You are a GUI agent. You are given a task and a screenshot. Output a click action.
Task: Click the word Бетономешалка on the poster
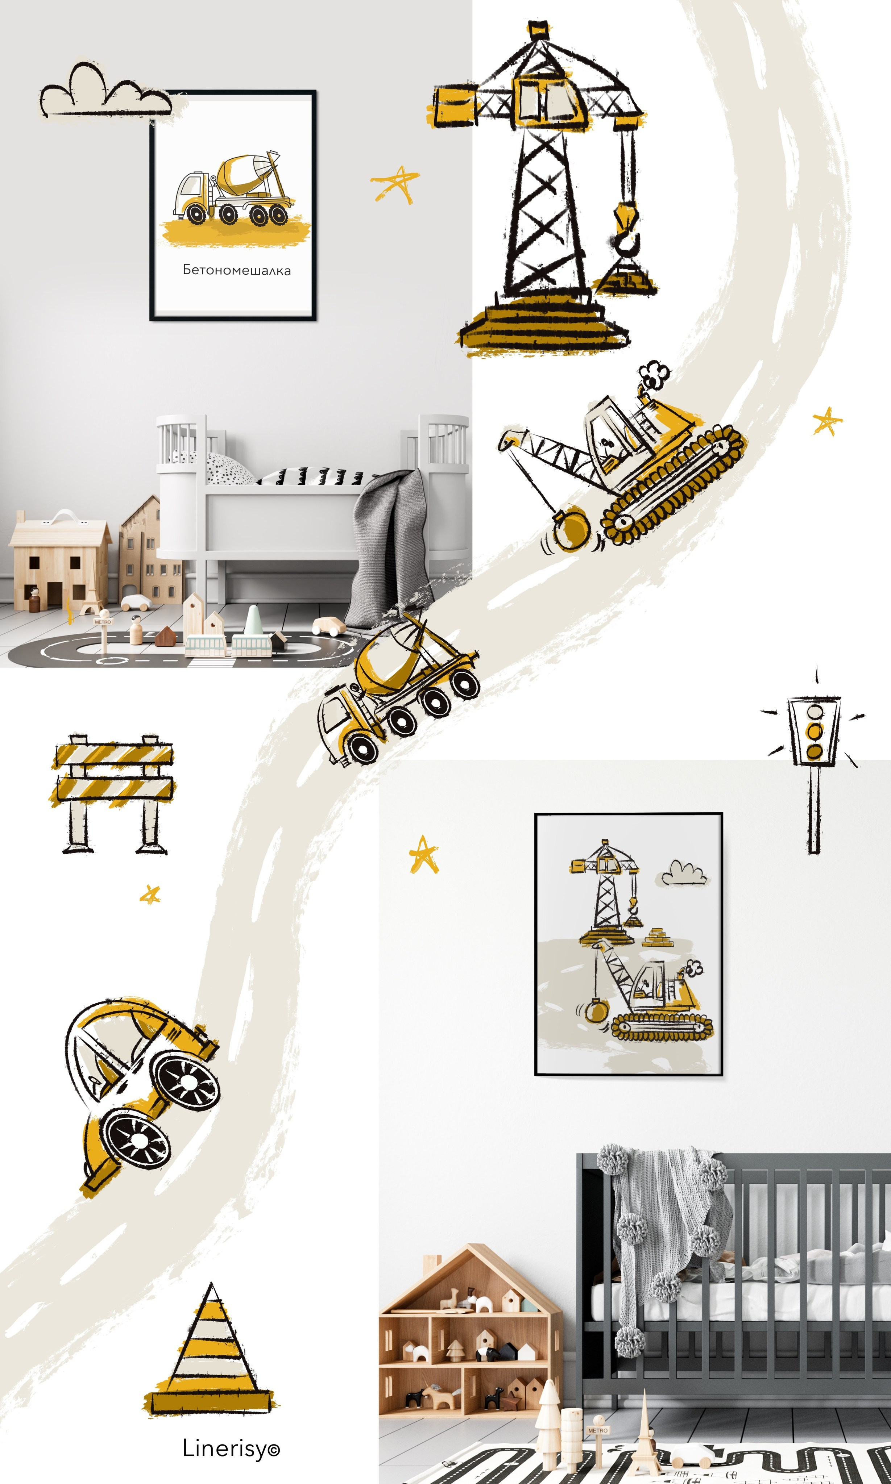coord(237,270)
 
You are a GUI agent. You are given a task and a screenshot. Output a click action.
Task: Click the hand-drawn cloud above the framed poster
coord(106,90)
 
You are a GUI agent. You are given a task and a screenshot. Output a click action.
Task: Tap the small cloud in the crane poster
coord(684,873)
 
